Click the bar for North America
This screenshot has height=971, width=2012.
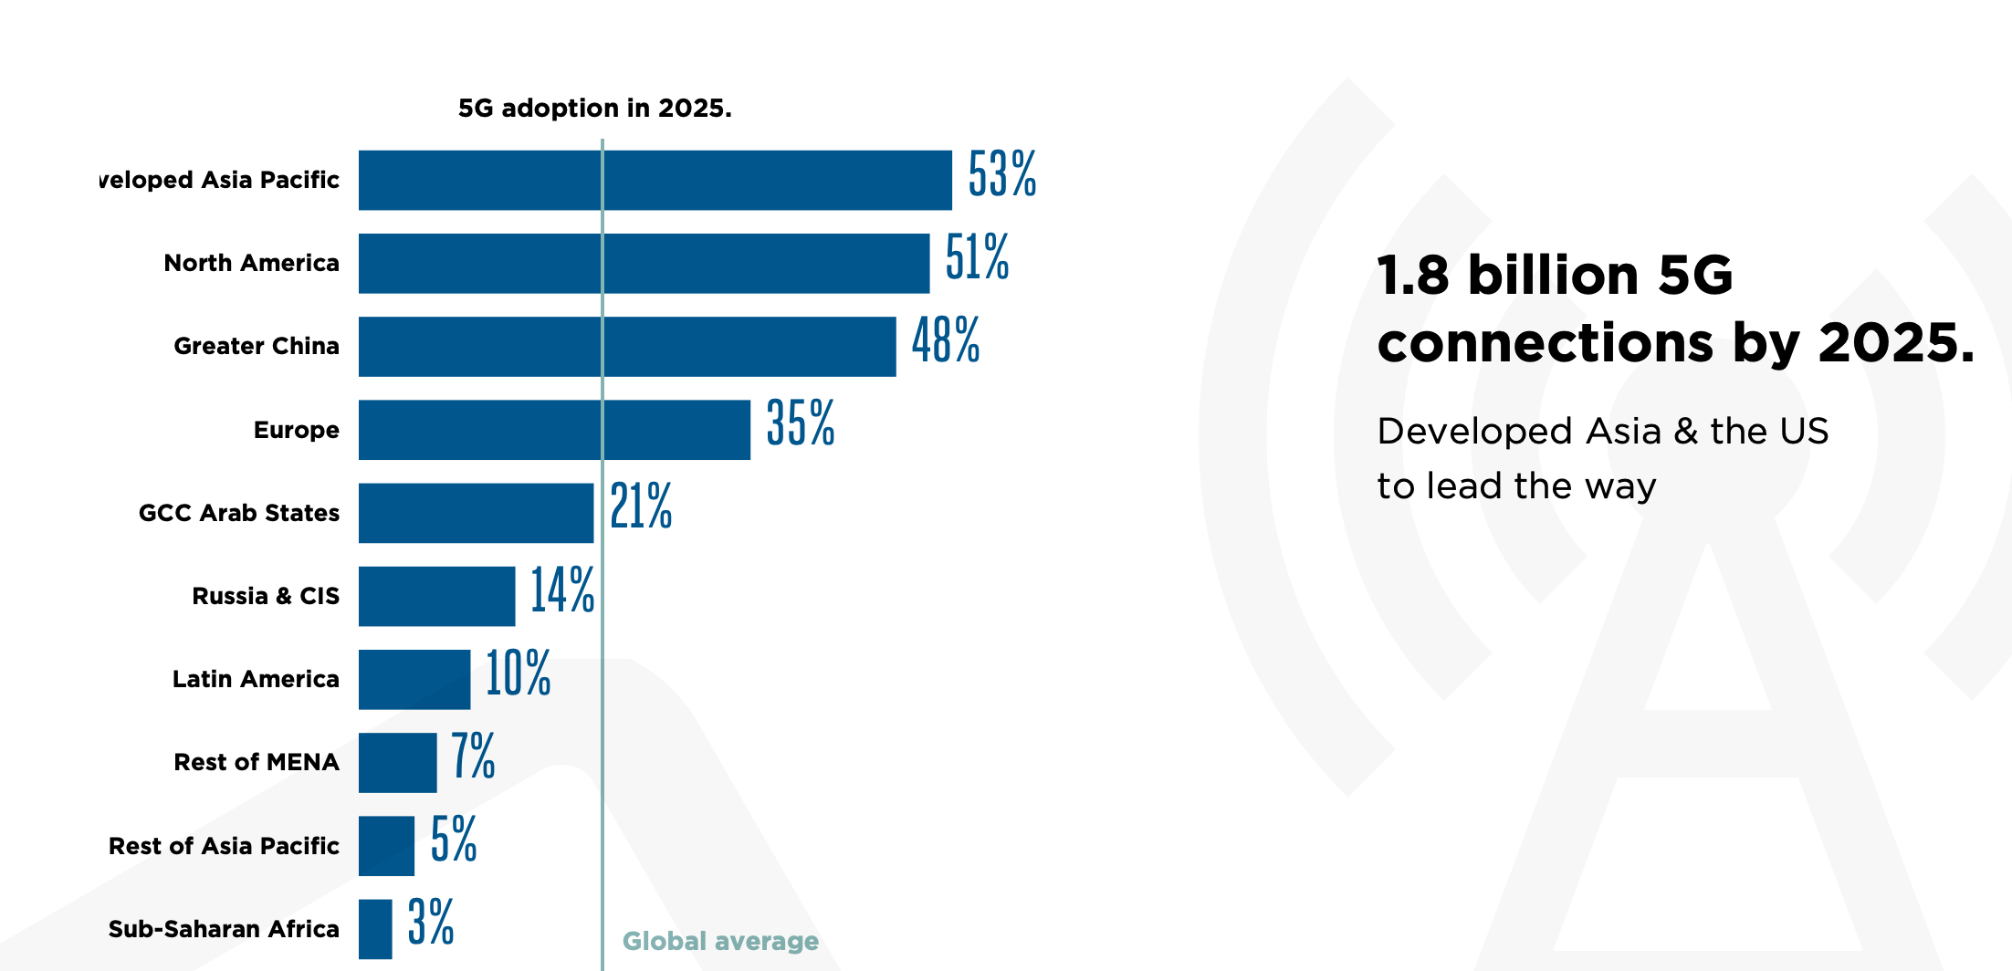coord(644,264)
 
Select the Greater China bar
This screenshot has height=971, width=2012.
coord(627,347)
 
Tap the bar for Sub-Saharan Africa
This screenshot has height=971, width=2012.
coord(375,929)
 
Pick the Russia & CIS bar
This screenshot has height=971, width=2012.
coord(436,596)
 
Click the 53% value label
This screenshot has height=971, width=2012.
coord(1001,174)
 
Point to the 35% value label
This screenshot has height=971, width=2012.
coord(800,423)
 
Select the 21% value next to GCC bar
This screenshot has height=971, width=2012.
coord(641,507)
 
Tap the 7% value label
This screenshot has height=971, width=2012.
coord(473,757)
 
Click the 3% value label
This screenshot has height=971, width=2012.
coord(430,923)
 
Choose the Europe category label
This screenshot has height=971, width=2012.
coord(296,430)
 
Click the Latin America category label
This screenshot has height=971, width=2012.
coord(256,679)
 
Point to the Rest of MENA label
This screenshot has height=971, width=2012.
coord(257,762)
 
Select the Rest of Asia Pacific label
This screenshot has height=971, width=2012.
coord(224,846)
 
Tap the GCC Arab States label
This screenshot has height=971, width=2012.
coord(239,513)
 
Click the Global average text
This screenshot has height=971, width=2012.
coord(720,941)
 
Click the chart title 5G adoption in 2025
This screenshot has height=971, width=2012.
coord(594,109)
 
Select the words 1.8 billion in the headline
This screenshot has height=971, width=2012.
coord(1507,276)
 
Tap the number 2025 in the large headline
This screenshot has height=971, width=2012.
coord(1894,343)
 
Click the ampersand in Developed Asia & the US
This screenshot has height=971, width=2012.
coord(1685,432)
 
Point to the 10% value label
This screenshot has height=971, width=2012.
coord(518,674)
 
